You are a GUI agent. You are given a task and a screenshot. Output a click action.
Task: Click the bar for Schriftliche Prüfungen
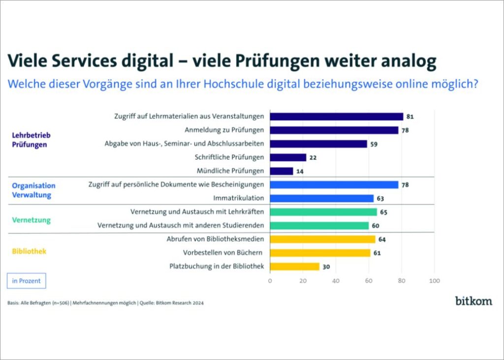coord(288,157)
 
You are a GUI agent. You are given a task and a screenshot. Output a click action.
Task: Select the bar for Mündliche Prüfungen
coord(282,171)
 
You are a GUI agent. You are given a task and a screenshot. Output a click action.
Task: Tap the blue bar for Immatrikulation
coord(322,198)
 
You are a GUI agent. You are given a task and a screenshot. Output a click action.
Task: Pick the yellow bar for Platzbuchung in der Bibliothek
coord(294,267)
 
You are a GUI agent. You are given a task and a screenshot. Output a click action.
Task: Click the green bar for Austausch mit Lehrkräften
coord(323,212)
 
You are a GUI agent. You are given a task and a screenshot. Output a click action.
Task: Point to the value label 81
coord(410,117)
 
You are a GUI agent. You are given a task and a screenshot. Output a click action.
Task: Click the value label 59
coord(374,144)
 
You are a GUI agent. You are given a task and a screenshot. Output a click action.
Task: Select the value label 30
coord(326,267)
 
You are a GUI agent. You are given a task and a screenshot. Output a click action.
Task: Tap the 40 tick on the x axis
coord(336,281)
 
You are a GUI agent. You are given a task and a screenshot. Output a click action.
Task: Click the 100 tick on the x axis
coord(434,281)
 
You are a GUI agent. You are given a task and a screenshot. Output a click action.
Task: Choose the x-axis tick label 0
coord(270,281)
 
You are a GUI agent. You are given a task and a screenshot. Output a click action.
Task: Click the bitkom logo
coord(473,301)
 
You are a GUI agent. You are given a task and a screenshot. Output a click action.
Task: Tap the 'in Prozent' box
coord(26,281)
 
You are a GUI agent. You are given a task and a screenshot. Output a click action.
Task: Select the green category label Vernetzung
coord(31,220)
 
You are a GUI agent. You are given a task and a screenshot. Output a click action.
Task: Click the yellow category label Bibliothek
coord(29,251)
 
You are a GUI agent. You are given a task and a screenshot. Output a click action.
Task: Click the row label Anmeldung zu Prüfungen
coord(224,130)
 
